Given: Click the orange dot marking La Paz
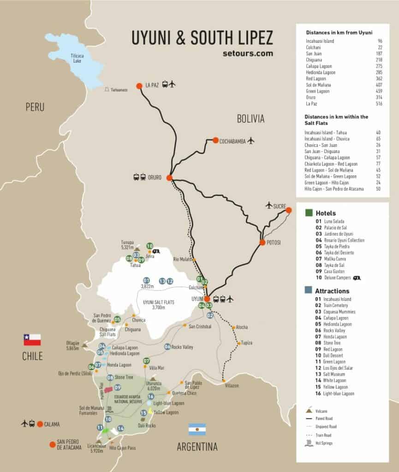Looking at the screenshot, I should [x=139, y=85].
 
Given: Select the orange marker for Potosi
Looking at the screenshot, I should [x=262, y=242].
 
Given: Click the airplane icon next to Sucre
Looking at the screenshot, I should [x=269, y=205].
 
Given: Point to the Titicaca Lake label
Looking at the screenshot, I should [x=77, y=58].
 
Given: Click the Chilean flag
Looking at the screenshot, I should [x=32, y=340].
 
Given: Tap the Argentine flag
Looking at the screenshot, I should [x=197, y=430].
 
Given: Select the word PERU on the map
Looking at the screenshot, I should [x=35, y=107].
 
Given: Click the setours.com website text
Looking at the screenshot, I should [x=247, y=53].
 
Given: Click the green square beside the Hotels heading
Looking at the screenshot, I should [x=309, y=213].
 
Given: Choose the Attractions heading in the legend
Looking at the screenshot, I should [x=332, y=291].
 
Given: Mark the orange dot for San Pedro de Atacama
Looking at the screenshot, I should [x=52, y=444].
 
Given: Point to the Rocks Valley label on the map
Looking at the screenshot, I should [x=182, y=347].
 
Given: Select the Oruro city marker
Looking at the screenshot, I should [x=169, y=177].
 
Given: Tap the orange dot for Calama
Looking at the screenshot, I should [x=40, y=424].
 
